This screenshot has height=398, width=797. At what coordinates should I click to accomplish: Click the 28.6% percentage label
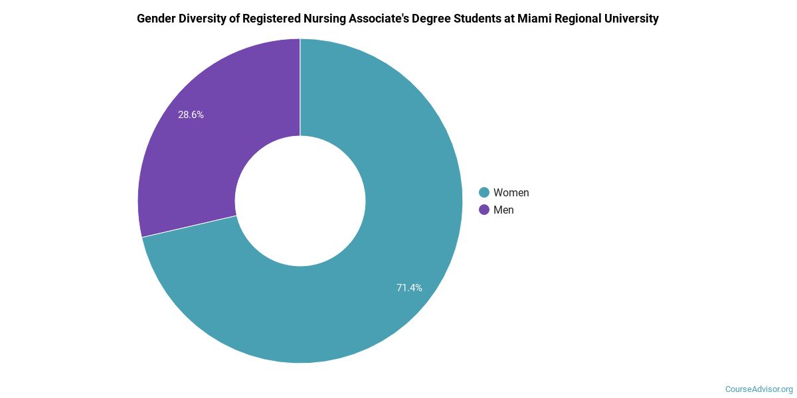191,115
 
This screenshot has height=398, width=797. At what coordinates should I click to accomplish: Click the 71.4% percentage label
409,288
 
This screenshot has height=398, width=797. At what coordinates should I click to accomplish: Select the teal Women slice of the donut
398,219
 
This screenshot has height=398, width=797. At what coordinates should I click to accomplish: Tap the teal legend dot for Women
484,192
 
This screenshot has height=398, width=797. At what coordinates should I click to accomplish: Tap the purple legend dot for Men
484,210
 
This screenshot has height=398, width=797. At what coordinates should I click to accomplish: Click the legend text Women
511,192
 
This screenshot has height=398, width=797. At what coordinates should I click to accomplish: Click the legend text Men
503,210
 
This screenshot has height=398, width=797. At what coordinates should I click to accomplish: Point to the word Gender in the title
157,19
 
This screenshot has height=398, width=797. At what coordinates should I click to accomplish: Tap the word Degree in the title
439,19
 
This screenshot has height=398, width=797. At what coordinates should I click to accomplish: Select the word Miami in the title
542,19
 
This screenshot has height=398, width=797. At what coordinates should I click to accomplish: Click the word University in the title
634,19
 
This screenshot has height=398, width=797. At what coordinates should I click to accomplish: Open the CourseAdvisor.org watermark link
758,389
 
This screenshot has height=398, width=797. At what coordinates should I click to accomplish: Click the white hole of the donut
300,201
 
